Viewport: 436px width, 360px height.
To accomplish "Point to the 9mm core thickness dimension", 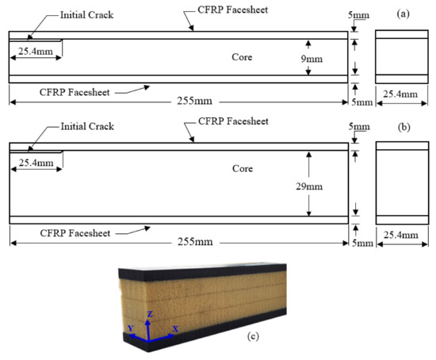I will click(x=319, y=57).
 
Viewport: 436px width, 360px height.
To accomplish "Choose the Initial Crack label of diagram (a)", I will click(x=85, y=15).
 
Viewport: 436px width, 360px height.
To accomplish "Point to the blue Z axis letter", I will click(x=149, y=314).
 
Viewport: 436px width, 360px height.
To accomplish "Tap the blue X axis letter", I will click(x=175, y=327).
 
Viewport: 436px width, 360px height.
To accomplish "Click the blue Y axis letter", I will click(x=130, y=328).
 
